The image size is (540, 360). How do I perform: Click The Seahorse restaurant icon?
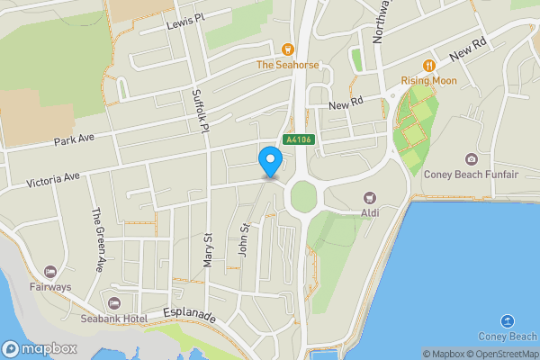(287, 49)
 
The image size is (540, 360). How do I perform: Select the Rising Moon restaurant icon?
(429, 65)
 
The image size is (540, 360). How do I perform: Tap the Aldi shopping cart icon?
(368, 197)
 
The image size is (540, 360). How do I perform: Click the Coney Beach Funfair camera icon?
(471, 158)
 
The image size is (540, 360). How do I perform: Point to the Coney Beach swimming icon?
(507, 321)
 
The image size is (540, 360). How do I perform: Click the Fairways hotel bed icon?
(49, 271)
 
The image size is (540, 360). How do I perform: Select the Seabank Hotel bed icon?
(113, 302)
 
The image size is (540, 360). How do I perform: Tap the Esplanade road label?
(190, 317)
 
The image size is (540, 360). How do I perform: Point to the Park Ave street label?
(74, 140)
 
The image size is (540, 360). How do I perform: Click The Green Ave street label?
(95, 239)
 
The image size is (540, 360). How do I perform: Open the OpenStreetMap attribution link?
(500, 354)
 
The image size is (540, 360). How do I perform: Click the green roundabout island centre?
(303, 195)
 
